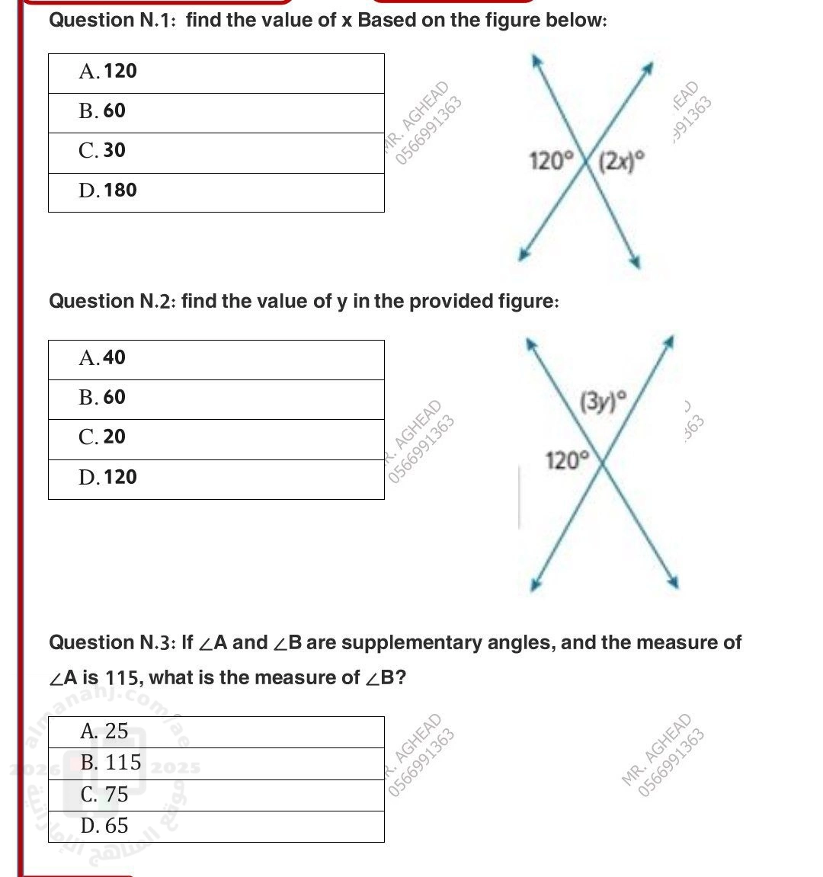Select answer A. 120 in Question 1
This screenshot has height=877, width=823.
[x=107, y=72]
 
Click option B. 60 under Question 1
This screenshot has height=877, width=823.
[x=102, y=111]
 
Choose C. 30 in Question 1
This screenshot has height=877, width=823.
[x=102, y=151]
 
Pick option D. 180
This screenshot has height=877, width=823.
[x=107, y=190]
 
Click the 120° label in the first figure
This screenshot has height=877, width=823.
[x=551, y=161]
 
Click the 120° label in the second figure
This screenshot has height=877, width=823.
[x=567, y=459]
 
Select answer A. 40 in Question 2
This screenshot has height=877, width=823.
[x=102, y=358]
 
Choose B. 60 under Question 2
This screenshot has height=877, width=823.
[x=102, y=398]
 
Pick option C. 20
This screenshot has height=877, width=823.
[x=102, y=437]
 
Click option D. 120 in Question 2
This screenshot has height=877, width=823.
[x=107, y=478]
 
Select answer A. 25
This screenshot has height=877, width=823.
[x=104, y=731]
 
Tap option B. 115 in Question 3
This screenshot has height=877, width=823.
[x=110, y=763]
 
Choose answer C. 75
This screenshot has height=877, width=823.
[x=104, y=795]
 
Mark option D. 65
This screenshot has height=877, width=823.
[x=104, y=826]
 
